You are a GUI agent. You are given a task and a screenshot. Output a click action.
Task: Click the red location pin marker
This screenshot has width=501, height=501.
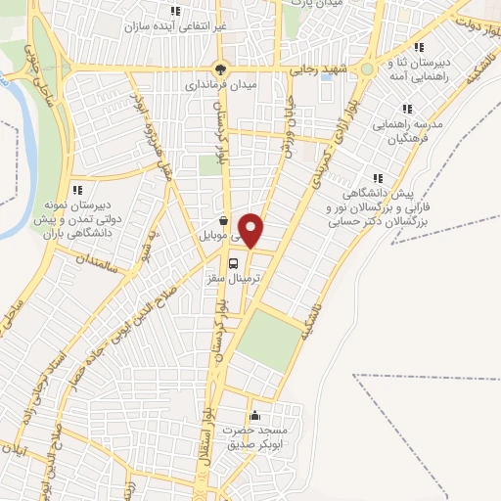pyautogui.click(x=251, y=229)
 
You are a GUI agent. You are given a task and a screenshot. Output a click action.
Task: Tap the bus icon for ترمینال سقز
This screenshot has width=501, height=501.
pyautogui.click(x=233, y=264)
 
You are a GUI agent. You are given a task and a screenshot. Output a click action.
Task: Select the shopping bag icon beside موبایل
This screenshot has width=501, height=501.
pyautogui.click(x=226, y=221)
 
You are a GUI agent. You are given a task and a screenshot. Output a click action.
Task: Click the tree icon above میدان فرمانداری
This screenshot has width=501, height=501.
pyautogui.click(x=220, y=69)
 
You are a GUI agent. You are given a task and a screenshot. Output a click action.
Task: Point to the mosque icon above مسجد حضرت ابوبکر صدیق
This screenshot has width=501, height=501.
pyautogui.click(x=256, y=415)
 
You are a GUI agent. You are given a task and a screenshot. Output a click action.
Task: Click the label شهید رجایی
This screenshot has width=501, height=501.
pyautogui.click(x=317, y=69)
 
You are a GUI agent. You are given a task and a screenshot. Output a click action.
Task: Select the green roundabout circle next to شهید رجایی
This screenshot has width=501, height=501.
pyautogui.click(x=367, y=69)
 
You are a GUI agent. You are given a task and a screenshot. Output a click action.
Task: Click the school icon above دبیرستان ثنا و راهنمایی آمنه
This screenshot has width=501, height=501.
pyautogui.click(x=419, y=47)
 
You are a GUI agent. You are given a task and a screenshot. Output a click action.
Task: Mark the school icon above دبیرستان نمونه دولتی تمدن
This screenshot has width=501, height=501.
pyautogui.click(x=77, y=190)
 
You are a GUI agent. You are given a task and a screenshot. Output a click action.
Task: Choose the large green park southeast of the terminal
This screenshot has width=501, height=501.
pyautogui.click(x=269, y=339)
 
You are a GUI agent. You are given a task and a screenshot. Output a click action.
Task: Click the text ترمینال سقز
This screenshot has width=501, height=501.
pyautogui.click(x=233, y=280)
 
